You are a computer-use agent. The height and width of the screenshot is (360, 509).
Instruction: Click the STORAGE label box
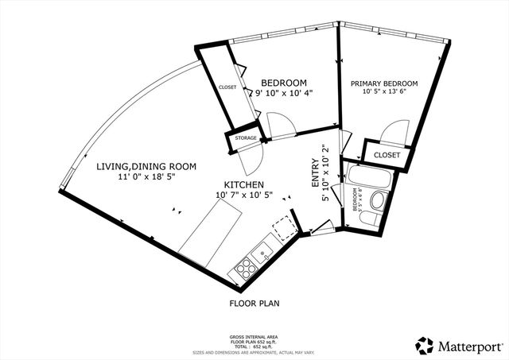click(246, 138)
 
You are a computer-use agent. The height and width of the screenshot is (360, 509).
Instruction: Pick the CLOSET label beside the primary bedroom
click(387, 155)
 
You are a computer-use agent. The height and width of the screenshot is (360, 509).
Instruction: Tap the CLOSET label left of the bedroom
click(227, 87)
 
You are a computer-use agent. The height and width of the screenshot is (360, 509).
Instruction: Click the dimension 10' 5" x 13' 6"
click(383, 91)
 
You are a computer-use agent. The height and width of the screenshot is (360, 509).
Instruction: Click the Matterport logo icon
click(424, 345)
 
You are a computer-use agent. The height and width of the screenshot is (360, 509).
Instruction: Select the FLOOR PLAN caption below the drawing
click(254, 303)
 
